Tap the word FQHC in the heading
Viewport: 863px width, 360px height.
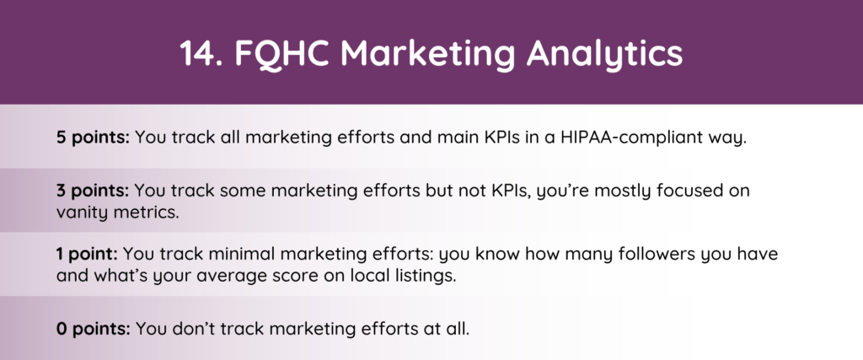click(281, 54)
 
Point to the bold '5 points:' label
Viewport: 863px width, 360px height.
click(93, 137)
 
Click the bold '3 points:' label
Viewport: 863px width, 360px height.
click(93, 191)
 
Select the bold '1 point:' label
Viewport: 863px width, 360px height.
click(87, 255)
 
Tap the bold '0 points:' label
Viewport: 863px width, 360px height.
click(94, 329)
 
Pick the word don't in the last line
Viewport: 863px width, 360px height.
click(193, 329)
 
